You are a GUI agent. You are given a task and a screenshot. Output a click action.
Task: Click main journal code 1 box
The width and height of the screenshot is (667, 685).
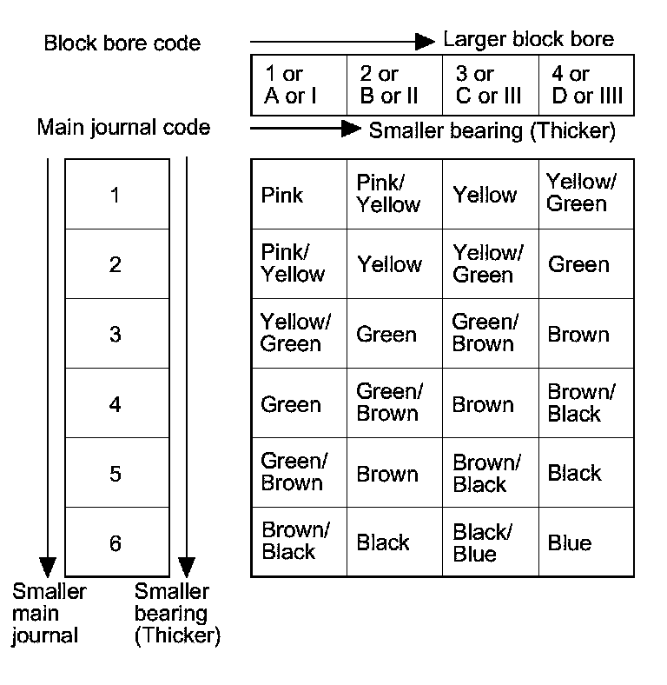(x=116, y=195)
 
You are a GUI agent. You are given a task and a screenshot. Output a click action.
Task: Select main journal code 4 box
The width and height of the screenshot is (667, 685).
(x=116, y=404)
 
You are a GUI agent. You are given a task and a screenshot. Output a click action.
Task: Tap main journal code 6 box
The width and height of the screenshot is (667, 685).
(x=116, y=543)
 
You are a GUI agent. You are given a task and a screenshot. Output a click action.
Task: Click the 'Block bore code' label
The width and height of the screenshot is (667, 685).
(x=122, y=43)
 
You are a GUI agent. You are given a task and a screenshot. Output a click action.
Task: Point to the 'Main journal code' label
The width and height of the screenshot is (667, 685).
(x=123, y=128)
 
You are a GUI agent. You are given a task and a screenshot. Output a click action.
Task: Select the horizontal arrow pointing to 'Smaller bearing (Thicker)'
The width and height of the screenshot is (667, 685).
(x=305, y=129)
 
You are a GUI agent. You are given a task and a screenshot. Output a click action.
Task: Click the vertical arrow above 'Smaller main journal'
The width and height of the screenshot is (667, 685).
(x=48, y=365)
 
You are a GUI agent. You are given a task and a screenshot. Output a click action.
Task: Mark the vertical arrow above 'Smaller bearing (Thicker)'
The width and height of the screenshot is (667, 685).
(x=186, y=365)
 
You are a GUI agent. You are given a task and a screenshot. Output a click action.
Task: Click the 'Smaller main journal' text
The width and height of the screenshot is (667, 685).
(x=49, y=614)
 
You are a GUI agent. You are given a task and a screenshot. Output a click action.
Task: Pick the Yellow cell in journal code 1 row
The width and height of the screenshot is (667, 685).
(x=485, y=195)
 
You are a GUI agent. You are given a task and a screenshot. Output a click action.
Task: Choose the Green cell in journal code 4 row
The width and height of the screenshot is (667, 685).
(x=291, y=404)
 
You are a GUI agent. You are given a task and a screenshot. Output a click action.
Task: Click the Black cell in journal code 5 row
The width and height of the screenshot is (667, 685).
(x=575, y=473)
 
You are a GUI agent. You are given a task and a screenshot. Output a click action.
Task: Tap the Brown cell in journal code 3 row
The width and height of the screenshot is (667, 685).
(x=578, y=335)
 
